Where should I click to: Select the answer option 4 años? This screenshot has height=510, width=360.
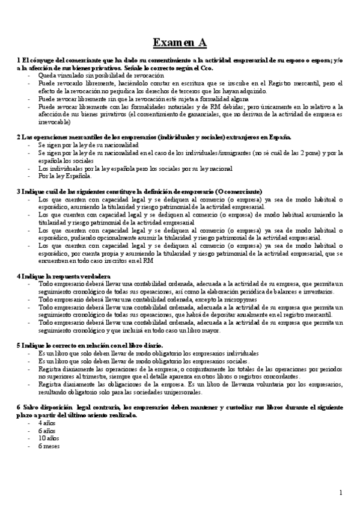coord(46,423)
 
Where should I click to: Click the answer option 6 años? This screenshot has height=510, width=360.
coord(46,431)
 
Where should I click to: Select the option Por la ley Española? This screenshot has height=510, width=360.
coord(65,176)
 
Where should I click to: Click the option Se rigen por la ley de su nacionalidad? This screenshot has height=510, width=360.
coord(88,146)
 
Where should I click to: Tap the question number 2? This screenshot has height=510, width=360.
coord(19,137)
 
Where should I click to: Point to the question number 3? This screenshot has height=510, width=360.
coord(19,191)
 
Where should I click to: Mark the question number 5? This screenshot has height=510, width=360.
coord(19,345)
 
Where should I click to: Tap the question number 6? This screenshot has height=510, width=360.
coord(19,407)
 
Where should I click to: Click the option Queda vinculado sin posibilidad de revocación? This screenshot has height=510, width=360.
coord(100,76)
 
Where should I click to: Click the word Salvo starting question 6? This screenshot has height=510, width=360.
coord(34,407)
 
